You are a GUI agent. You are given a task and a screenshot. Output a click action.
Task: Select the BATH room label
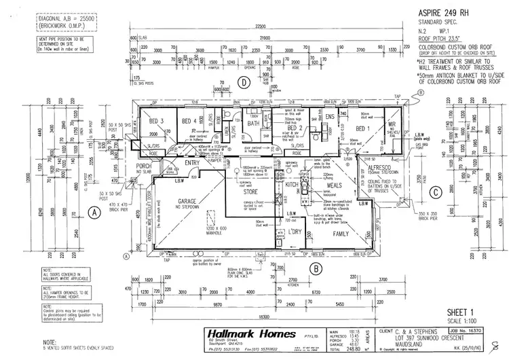tap(254, 123)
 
